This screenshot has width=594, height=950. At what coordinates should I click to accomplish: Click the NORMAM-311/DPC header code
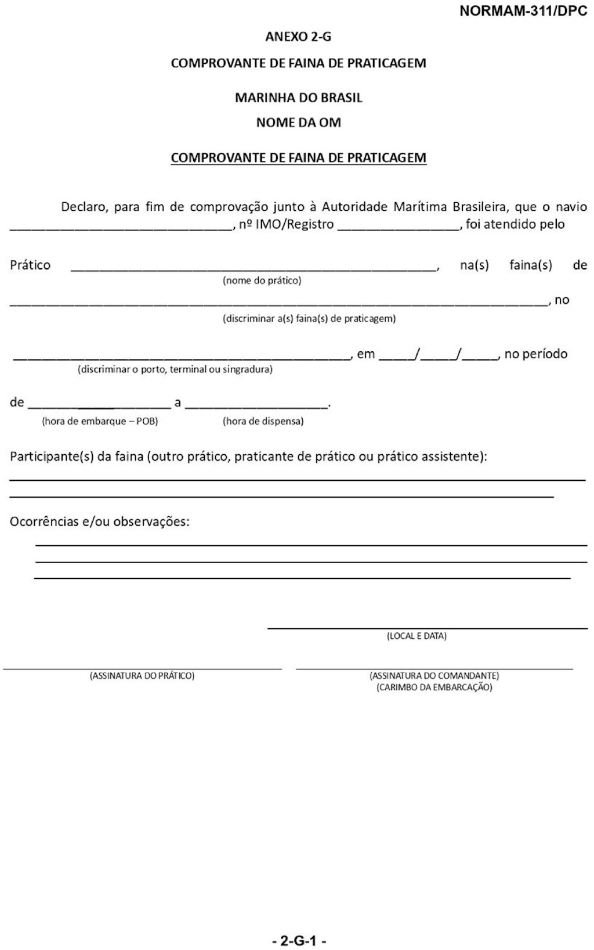click(523, 11)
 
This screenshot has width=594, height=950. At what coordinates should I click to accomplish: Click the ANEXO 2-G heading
click(298, 37)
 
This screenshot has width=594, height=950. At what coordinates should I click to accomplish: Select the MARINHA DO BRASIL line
click(298, 98)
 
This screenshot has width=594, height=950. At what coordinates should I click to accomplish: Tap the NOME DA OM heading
click(298, 123)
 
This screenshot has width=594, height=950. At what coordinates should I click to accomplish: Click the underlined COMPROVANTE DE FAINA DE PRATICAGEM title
click(298, 158)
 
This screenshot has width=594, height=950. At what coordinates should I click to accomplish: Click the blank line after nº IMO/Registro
click(399, 228)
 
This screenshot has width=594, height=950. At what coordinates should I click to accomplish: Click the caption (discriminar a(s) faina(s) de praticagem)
click(309, 319)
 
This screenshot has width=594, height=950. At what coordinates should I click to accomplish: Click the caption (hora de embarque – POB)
click(100, 421)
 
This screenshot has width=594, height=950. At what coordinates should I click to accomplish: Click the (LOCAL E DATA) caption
click(416, 636)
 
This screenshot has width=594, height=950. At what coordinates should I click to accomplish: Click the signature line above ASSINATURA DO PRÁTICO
click(142, 669)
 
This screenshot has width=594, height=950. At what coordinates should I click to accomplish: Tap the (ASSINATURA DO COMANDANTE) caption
click(434, 676)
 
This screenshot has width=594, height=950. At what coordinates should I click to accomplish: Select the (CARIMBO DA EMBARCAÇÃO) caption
click(434, 688)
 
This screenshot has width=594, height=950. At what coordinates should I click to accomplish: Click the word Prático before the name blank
click(30, 265)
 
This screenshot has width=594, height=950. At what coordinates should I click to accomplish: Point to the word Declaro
click(84, 207)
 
